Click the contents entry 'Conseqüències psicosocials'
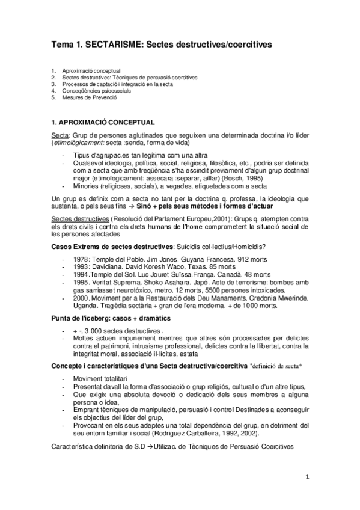93,90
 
